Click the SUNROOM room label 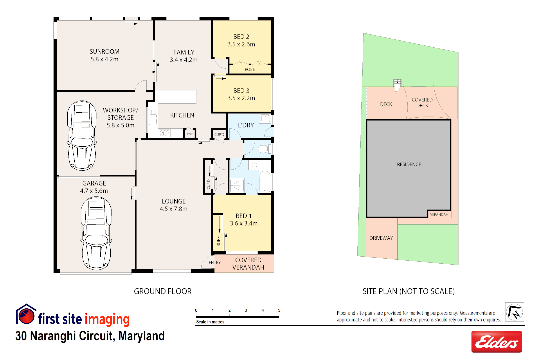pos(104,52)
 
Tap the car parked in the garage pos(96,233)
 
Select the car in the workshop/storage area pos(82,135)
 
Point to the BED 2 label pos(241,37)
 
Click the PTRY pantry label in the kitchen pos(189,134)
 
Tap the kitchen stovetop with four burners pos(165,133)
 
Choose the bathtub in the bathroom pos(265,181)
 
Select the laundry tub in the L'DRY pos(265,118)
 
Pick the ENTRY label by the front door pos(215,263)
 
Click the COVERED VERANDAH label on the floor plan pos(248,264)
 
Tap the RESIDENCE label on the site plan pos(409,164)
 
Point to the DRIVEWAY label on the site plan pos(381,238)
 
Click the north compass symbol pos(514,312)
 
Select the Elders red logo pos(496,342)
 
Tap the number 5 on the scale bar pos(279,310)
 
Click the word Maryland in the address pos(141,336)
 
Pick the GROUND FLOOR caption pos(163,291)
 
